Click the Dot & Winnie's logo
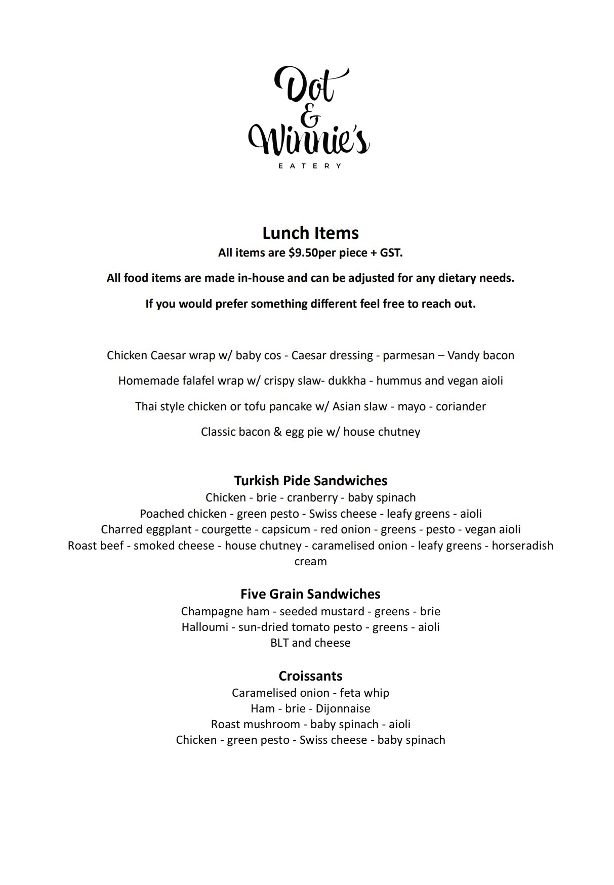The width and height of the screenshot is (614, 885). click(x=309, y=112)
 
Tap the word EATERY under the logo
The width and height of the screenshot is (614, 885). click(x=310, y=165)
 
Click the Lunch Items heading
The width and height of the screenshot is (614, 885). click(x=310, y=233)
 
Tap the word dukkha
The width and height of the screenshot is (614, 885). click(x=347, y=381)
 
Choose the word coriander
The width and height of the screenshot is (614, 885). click(x=461, y=406)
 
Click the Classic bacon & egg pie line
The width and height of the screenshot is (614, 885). click(x=310, y=432)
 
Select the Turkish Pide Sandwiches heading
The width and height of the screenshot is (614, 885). click(x=310, y=480)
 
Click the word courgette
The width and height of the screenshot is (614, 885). click(x=226, y=529)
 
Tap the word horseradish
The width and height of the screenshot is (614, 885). click(x=522, y=545)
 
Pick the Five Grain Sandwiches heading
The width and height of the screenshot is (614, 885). click(x=310, y=594)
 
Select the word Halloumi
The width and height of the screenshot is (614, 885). click(x=204, y=627)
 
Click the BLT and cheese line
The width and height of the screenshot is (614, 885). click(x=310, y=643)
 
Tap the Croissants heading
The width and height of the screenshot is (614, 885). click(x=310, y=676)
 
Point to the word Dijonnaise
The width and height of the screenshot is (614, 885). click(x=343, y=708)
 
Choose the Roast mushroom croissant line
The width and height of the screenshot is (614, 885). click(x=310, y=724)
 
